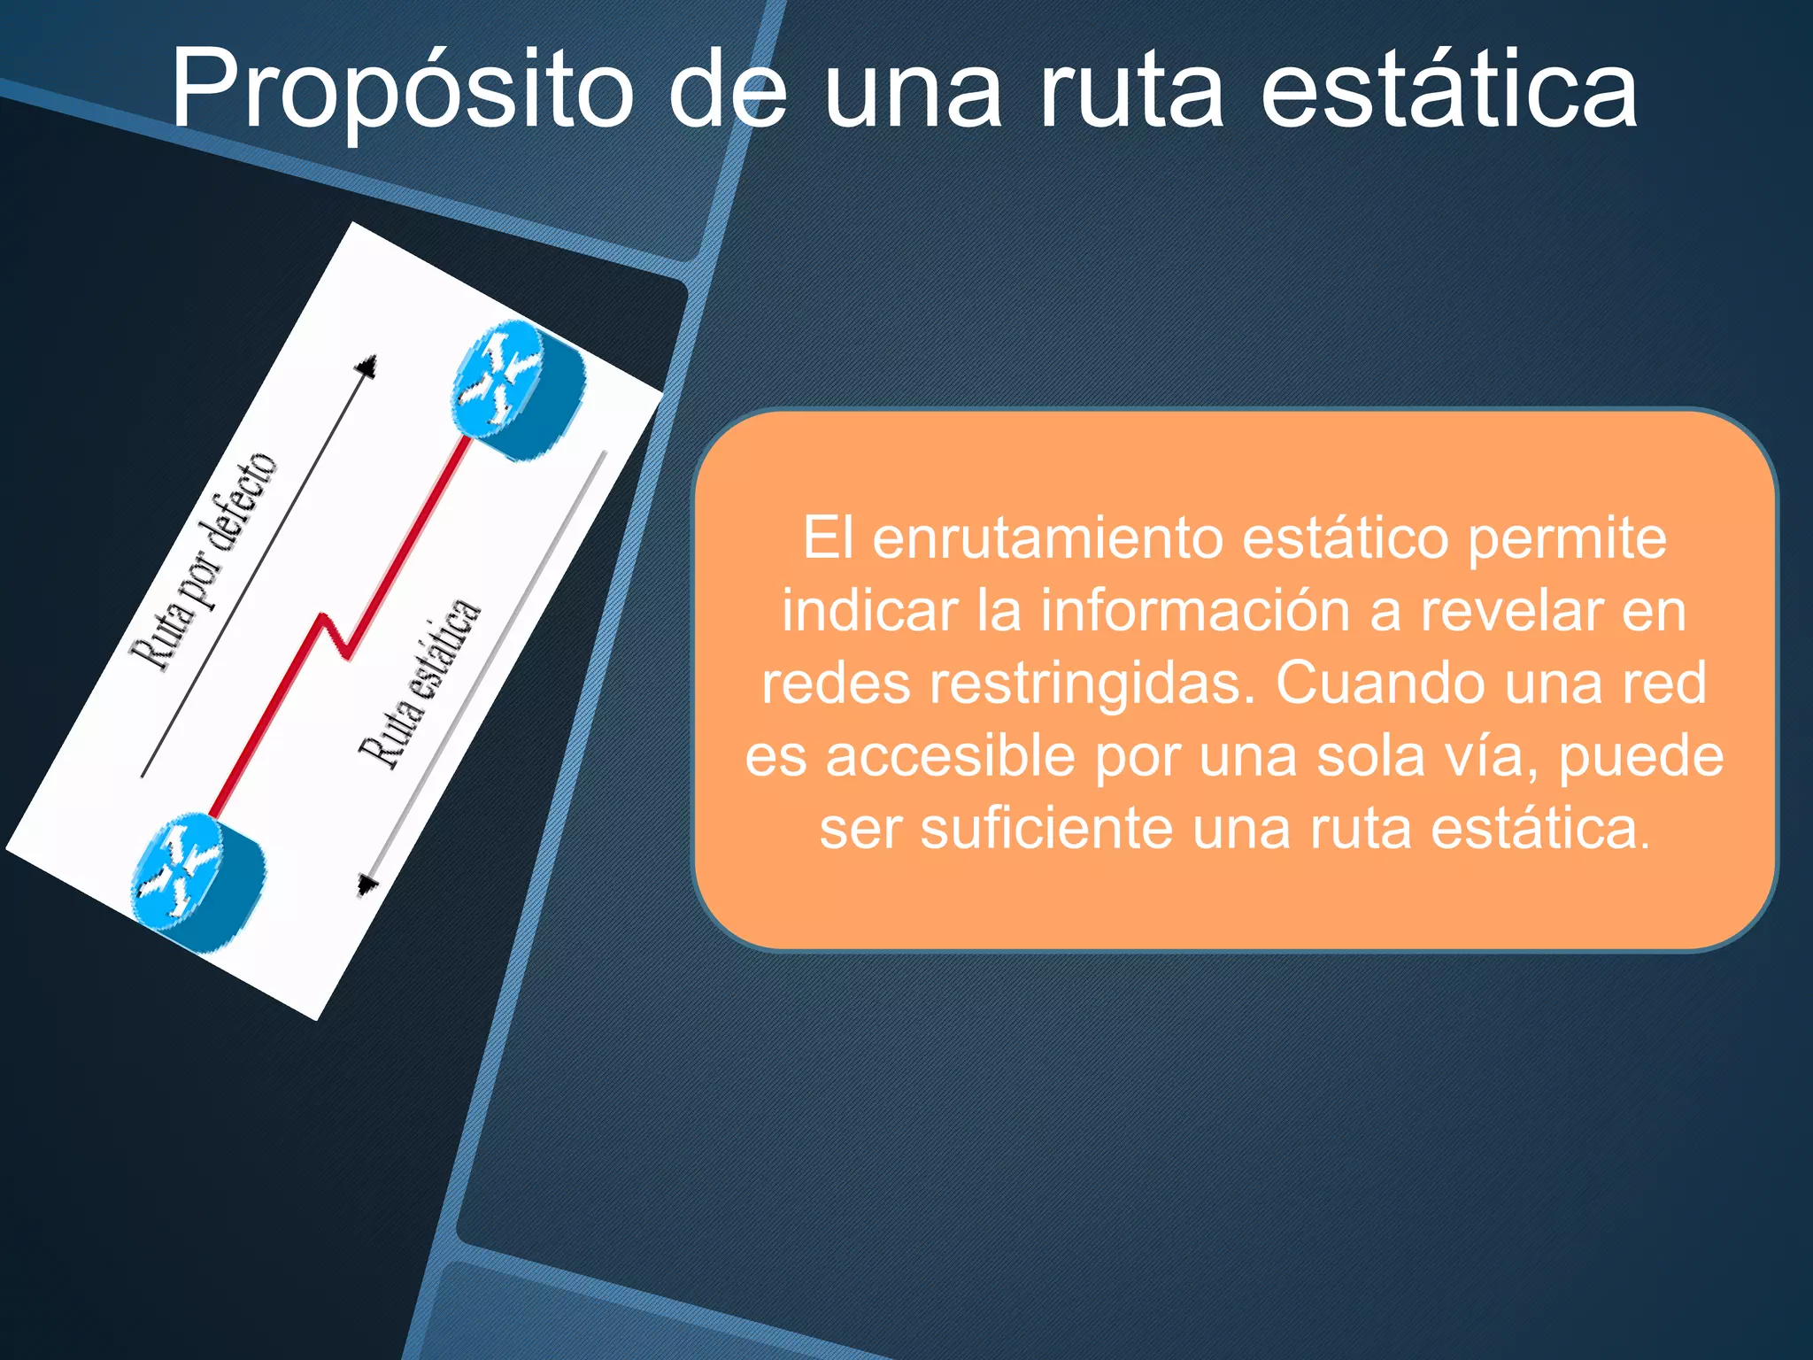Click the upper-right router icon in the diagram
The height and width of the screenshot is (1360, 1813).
(518, 390)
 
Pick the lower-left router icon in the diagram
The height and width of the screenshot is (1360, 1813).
(197, 882)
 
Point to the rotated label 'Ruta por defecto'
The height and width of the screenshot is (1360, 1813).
(204, 563)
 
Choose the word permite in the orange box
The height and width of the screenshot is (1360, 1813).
(1567, 538)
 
